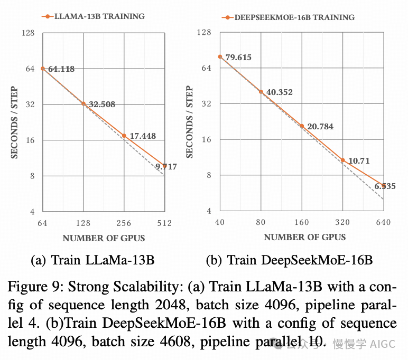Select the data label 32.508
point(101,105)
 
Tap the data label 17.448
point(143,136)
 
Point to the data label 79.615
point(238,57)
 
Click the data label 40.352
point(280,92)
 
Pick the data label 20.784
point(320,127)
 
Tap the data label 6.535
point(385,186)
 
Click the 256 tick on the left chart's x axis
point(124,223)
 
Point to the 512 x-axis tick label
point(164,223)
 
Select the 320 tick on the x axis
point(342,222)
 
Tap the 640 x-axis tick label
point(383,222)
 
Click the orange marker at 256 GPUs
point(124,136)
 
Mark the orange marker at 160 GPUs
point(302,126)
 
